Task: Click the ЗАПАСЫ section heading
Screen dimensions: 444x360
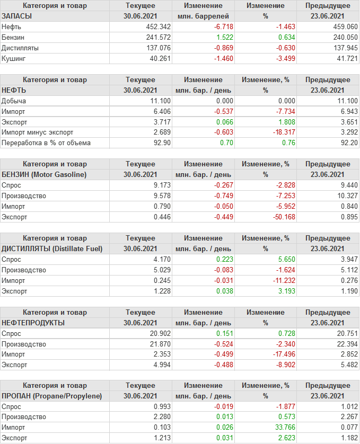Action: click(x=17, y=16)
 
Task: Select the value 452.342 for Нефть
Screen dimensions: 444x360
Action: click(x=159, y=26)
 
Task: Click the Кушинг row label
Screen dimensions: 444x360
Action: click(x=13, y=58)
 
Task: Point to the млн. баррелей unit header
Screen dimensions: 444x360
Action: click(x=203, y=16)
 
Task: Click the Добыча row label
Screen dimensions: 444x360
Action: click(x=14, y=101)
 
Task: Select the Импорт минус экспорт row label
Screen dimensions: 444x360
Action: click(x=38, y=132)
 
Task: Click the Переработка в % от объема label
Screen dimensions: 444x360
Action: click(x=46, y=143)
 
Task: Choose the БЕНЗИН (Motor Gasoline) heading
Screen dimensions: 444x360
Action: click(x=44, y=174)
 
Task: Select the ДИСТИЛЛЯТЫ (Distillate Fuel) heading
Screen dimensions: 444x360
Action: click(x=52, y=248)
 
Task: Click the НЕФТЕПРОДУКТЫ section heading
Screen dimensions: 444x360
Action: click(x=33, y=322)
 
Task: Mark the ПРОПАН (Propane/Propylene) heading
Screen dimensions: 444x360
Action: click(x=51, y=396)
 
